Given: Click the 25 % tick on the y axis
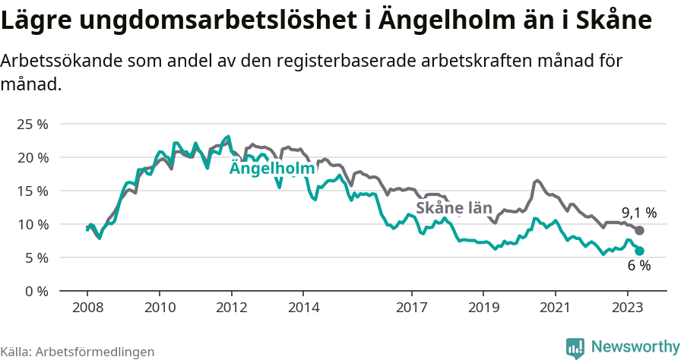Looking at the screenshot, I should pyautogui.click(x=32, y=124).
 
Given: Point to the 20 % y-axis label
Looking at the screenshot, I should pyautogui.click(x=32, y=157).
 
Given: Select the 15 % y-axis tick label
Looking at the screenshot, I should pyautogui.click(x=32, y=191).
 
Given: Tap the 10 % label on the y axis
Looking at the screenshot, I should pyautogui.click(x=32, y=224).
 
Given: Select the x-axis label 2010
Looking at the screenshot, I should pyautogui.click(x=159, y=308).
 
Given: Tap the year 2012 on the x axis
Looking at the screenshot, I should pyautogui.click(x=231, y=308).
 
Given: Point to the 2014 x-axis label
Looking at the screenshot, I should pyautogui.click(x=302, y=308).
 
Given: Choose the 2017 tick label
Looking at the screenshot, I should pyautogui.click(x=411, y=308).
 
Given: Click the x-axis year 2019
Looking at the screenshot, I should pyautogui.click(x=483, y=308).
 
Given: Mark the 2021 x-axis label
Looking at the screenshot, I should pyautogui.click(x=555, y=308).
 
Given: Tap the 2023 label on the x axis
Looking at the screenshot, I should pyautogui.click(x=627, y=308).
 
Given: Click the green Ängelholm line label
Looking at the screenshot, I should pyautogui.click(x=272, y=169).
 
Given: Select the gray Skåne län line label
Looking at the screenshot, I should pyautogui.click(x=454, y=208).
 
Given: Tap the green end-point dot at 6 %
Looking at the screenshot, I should pyautogui.click(x=639, y=251).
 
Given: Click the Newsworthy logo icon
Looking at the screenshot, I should pyautogui.click(x=575, y=347).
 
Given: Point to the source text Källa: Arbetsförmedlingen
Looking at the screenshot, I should pyautogui.click(x=78, y=352).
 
